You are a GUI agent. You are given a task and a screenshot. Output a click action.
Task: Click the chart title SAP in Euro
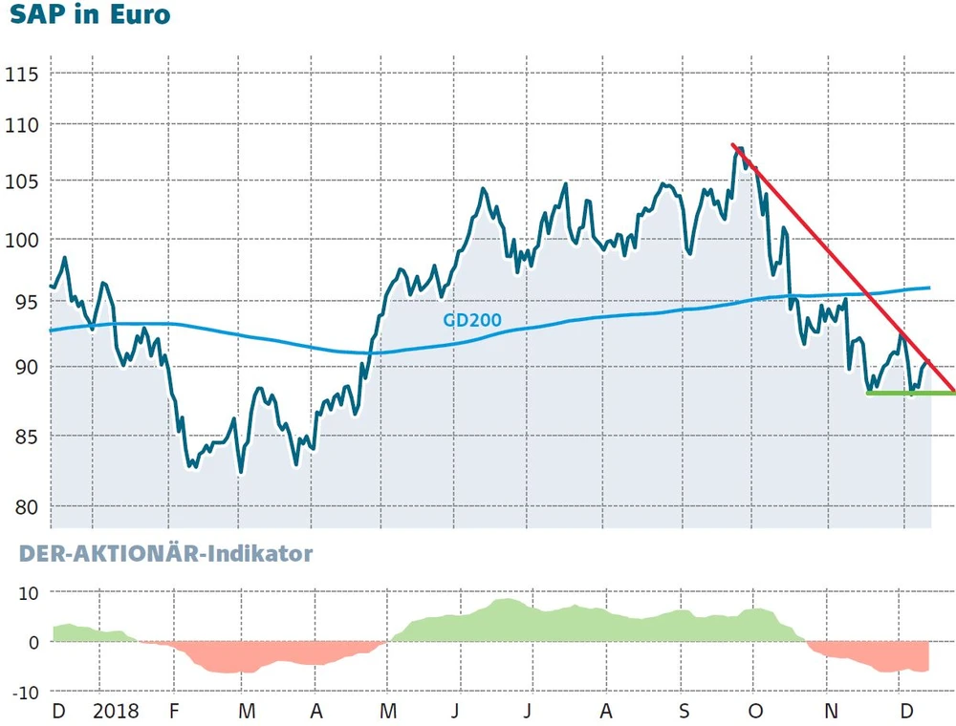tap(90, 15)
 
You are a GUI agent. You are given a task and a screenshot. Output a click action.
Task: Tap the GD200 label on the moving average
tap(471, 319)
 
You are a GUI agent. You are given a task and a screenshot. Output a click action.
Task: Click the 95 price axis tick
tap(25, 303)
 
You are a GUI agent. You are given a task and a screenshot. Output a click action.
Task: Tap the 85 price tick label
tap(25, 437)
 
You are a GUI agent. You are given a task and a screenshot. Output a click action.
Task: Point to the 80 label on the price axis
tap(25, 506)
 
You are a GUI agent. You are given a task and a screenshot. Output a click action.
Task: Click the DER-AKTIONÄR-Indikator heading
tap(157, 553)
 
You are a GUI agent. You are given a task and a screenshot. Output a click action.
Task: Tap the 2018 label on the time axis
tap(116, 712)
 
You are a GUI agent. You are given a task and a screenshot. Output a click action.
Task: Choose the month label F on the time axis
tap(174, 712)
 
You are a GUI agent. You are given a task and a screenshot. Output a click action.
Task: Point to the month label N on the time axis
tap(831, 712)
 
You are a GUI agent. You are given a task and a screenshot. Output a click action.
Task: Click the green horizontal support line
tap(908, 393)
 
